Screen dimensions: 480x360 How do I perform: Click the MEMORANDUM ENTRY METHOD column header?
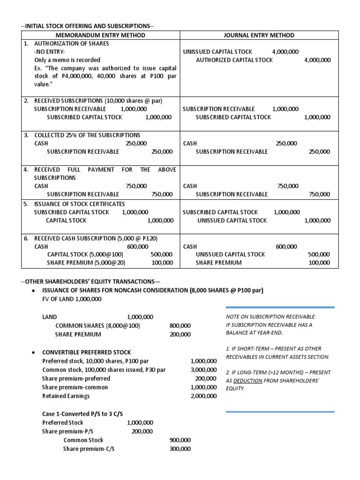click(x=99, y=35)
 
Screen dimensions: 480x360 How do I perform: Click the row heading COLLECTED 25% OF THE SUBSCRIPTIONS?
click(x=87, y=135)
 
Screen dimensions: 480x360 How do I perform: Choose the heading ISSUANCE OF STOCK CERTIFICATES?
click(x=80, y=204)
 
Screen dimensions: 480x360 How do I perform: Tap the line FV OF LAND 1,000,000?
click(x=71, y=299)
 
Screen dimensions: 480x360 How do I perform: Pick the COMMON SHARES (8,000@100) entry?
click(x=97, y=326)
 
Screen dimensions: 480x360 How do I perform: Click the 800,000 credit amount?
click(x=180, y=326)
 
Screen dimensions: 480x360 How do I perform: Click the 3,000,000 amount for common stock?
click(x=203, y=370)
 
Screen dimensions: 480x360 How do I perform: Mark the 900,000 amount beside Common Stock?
click(x=180, y=440)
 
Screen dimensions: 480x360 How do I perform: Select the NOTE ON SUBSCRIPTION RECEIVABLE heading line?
click(x=270, y=317)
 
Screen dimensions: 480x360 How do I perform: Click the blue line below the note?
click(x=280, y=412)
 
